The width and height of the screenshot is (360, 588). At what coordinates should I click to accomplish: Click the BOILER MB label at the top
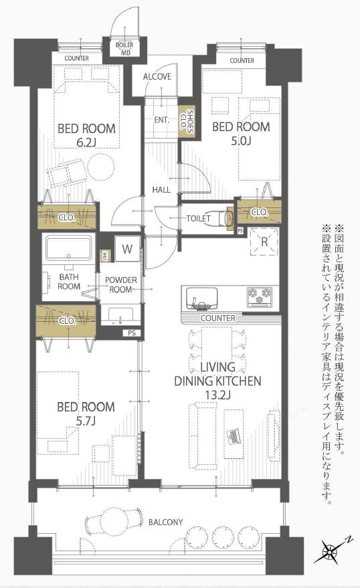tap(124, 48)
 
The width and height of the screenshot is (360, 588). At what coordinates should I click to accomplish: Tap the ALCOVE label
tap(157, 76)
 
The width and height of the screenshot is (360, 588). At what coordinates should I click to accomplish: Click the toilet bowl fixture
tap(218, 218)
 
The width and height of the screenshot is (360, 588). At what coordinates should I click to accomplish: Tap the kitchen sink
tap(201, 297)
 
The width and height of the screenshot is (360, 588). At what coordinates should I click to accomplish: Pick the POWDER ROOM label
tap(121, 285)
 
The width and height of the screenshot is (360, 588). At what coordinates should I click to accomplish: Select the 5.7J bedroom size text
tap(86, 421)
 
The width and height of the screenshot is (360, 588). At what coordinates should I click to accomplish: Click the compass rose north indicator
tap(331, 552)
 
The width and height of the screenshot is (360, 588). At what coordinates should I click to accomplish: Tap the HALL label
tap(161, 189)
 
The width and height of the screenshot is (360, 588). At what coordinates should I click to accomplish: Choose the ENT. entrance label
tap(161, 120)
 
